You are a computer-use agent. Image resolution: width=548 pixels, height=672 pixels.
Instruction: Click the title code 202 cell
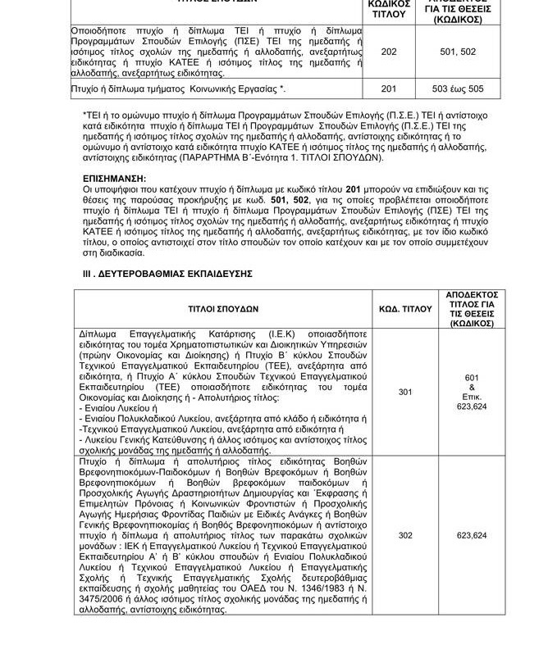tap(389, 51)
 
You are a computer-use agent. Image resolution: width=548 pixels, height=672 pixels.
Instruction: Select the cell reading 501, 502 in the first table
tap(458, 51)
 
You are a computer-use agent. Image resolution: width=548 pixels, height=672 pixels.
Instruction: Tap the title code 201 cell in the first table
tap(389, 87)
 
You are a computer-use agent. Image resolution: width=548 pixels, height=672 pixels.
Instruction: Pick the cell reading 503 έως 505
tap(458, 87)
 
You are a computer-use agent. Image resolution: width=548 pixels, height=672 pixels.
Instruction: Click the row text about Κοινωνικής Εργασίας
tap(179, 87)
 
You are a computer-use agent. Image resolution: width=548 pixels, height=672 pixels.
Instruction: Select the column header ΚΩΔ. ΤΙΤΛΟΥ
tap(405, 309)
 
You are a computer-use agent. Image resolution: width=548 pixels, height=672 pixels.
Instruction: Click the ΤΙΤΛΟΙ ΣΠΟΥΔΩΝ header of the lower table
tap(221, 309)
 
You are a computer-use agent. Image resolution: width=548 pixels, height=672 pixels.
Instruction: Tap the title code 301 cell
tap(405, 393)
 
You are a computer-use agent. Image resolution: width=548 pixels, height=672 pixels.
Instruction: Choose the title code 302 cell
tap(405, 535)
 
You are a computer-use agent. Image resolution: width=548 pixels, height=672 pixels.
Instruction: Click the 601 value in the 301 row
tap(472, 377)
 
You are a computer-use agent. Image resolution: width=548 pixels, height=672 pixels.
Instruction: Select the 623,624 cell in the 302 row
tap(472, 535)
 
